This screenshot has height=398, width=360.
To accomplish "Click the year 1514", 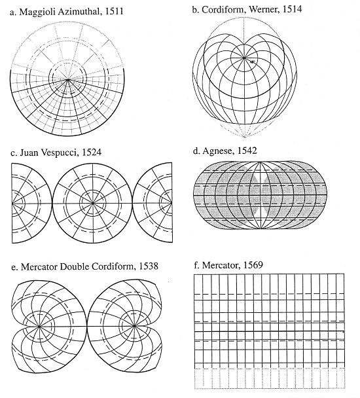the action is [292, 9].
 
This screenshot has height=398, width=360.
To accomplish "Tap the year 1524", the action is [92, 152].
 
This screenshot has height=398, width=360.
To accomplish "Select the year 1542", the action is [247, 151].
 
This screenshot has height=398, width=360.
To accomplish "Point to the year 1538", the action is [149, 266].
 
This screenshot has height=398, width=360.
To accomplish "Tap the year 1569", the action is [253, 264].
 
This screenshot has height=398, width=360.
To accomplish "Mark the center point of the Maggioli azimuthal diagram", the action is [68, 79].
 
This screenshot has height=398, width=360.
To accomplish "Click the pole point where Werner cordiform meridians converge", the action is [244, 58].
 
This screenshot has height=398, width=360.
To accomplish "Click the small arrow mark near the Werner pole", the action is [252, 62].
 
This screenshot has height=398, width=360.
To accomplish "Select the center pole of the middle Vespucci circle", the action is [93, 203].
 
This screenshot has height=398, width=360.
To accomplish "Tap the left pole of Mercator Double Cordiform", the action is [39, 327].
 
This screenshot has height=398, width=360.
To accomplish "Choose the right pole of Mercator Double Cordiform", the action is [135, 326].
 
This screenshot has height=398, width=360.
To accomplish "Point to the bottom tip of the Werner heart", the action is [245, 137].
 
